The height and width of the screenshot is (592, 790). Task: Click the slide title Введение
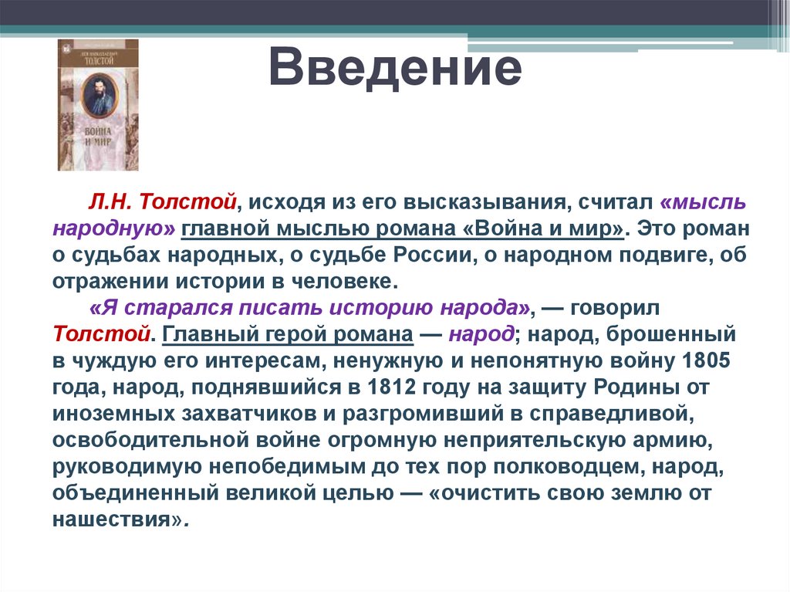395,69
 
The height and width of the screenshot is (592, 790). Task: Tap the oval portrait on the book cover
98,93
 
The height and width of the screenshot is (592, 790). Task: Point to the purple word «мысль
703,202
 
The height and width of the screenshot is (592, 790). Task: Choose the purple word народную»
115,229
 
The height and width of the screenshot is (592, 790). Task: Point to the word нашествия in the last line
117,520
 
